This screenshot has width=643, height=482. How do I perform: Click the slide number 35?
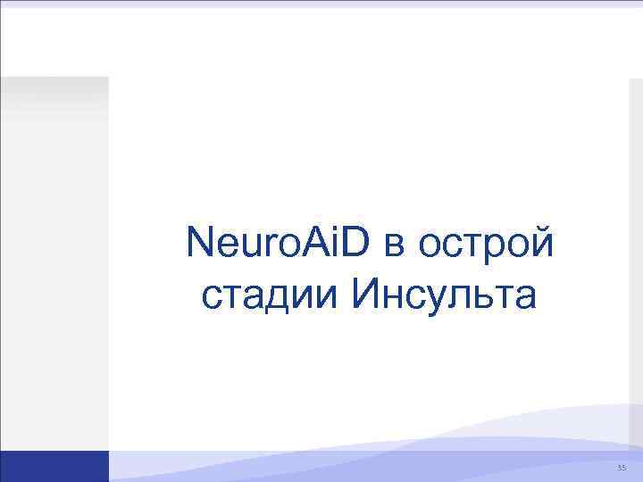[x=622, y=468]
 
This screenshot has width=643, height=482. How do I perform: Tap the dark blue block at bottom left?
[x=54, y=466]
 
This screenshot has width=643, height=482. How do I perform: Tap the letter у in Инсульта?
[x=439, y=299]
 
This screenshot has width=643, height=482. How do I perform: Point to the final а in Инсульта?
[x=525, y=297]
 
